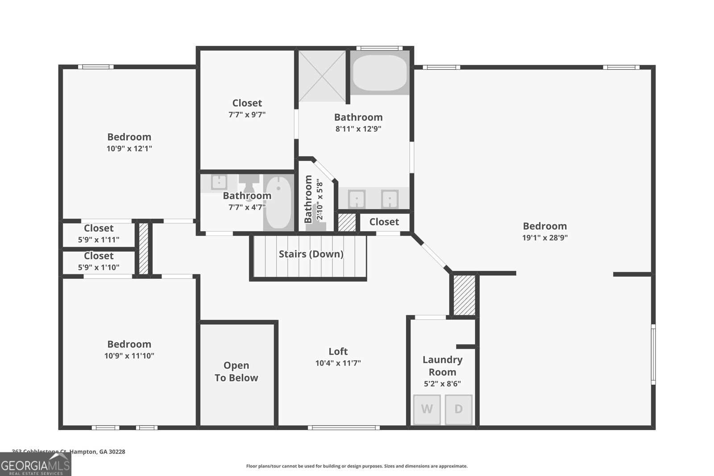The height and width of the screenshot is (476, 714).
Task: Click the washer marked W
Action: [x=427, y=409]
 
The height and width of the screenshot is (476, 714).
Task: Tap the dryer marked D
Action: [x=458, y=409]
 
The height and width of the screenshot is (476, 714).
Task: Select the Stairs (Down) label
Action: [x=311, y=254]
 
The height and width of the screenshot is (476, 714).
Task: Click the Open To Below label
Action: [x=236, y=372]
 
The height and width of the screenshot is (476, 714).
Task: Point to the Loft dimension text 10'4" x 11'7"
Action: [x=338, y=363]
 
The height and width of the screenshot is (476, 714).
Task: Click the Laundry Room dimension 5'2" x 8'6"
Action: [x=442, y=384]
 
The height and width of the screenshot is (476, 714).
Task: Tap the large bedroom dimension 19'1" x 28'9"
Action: [x=545, y=238]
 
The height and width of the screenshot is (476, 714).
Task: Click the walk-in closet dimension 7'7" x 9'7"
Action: [x=247, y=115]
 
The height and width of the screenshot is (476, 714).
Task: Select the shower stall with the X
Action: [x=322, y=76]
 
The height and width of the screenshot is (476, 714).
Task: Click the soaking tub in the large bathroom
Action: [x=380, y=73]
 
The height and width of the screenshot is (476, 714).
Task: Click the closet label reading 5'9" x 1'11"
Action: [x=99, y=240]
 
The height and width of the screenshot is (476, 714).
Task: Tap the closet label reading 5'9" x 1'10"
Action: [x=99, y=267]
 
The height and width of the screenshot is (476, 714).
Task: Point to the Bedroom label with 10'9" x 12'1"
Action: [x=129, y=137]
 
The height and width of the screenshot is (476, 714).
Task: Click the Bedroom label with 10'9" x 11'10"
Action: [x=129, y=344]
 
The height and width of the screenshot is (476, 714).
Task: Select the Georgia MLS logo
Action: [x=35, y=464]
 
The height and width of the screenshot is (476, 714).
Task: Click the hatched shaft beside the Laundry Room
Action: [x=464, y=295]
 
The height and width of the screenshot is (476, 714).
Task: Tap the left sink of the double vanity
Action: [x=357, y=199]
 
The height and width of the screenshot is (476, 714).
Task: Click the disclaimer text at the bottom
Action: [x=357, y=466]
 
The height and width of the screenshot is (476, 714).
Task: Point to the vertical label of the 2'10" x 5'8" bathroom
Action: [x=308, y=199]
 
